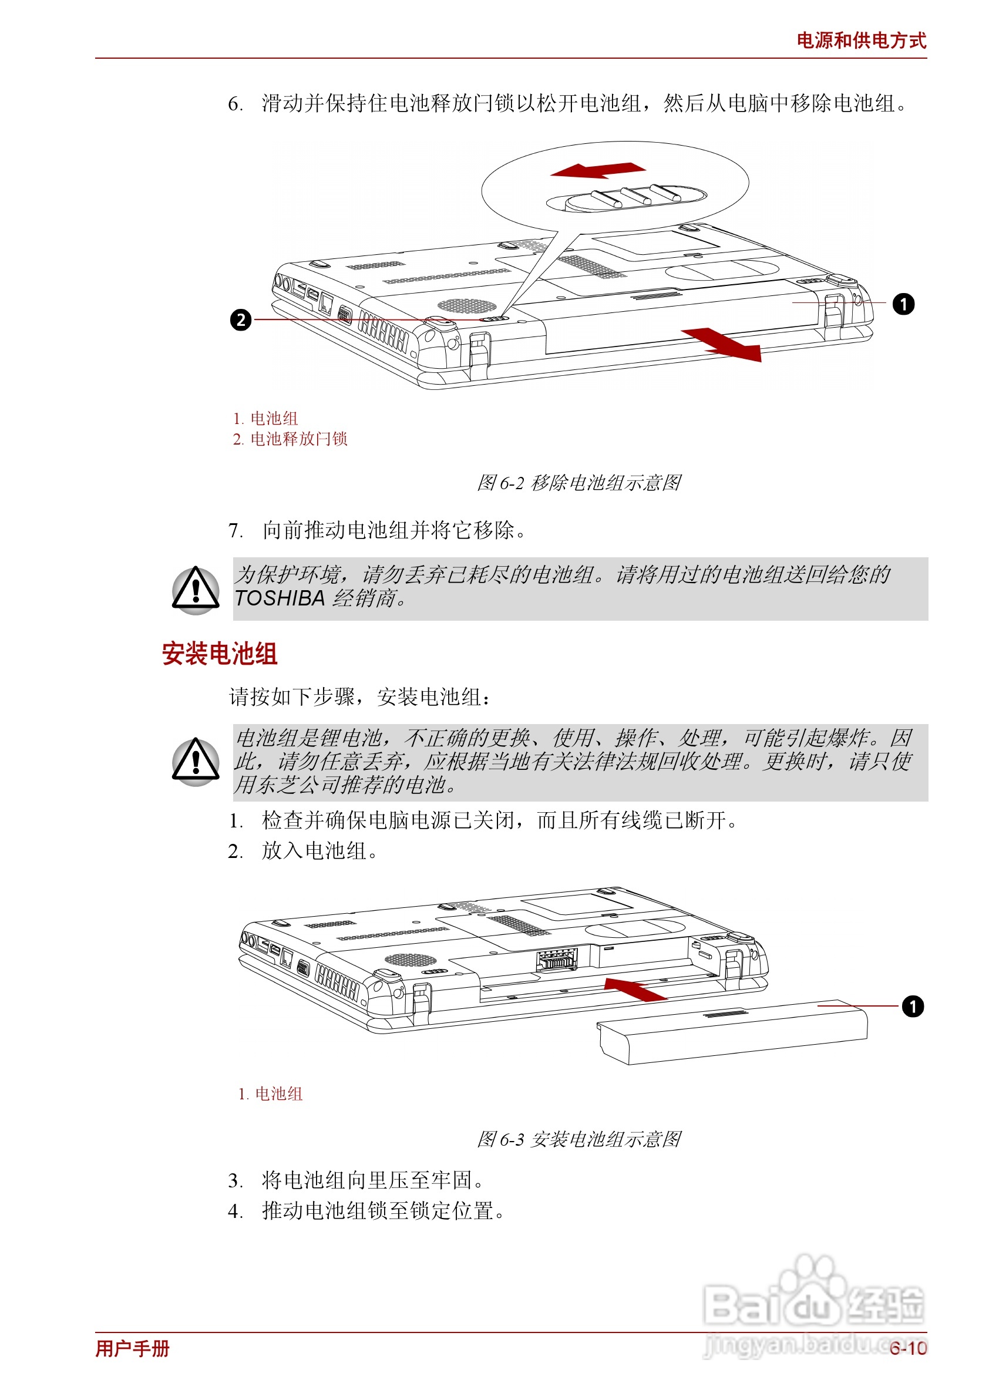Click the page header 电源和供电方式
point(860,41)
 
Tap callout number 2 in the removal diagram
point(241,319)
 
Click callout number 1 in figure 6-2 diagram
point(903,304)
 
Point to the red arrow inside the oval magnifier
point(597,170)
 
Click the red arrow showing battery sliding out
point(723,345)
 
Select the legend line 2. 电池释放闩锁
point(290,439)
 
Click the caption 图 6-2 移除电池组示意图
point(578,482)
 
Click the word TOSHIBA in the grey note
point(280,598)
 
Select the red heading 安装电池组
point(220,654)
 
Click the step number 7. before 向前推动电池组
point(236,530)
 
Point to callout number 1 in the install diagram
point(912,1005)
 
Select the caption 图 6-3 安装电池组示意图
point(578,1139)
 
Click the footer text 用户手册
point(132,1348)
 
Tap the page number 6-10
point(907,1348)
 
